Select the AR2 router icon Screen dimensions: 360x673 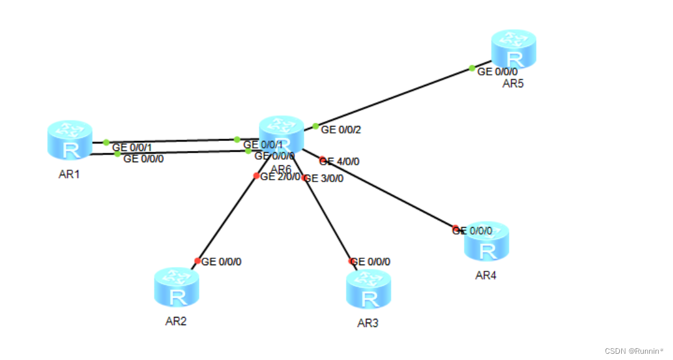[177, 287]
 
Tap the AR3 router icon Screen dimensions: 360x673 [369, 288]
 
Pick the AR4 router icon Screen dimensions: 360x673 [486, 241]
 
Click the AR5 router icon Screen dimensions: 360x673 [514, 49]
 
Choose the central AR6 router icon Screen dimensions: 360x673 [282, 134]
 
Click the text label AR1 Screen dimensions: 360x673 [69, 174]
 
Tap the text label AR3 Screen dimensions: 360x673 [368, 323]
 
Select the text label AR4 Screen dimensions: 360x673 [486, 275]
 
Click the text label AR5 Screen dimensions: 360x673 [513, 84]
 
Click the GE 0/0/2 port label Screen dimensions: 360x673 [341, 130]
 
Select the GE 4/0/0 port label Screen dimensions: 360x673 [341, 161]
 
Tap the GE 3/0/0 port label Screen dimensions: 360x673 [324, 178]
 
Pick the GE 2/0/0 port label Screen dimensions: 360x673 [280, 177]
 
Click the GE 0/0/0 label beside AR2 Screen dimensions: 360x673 [222, 261]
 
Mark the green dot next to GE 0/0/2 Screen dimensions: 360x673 [315, 126]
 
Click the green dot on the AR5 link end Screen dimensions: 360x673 [472, 68]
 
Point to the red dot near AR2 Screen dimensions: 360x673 [197, 261]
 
